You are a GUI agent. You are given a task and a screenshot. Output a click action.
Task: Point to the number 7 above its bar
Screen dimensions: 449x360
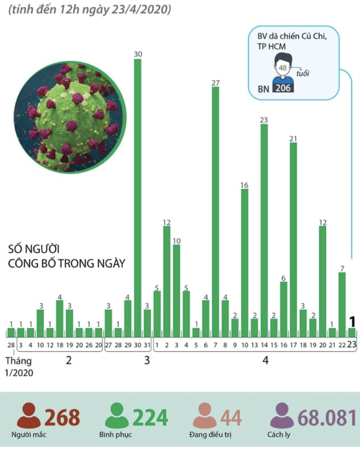342,268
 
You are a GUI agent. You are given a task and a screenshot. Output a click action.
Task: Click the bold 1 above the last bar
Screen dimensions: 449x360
351,322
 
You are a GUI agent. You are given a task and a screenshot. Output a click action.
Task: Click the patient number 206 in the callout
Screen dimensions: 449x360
284,88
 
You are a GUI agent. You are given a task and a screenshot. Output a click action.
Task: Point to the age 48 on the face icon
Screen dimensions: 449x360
283,68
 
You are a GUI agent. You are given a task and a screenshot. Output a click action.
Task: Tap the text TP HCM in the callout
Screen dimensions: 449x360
269,48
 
